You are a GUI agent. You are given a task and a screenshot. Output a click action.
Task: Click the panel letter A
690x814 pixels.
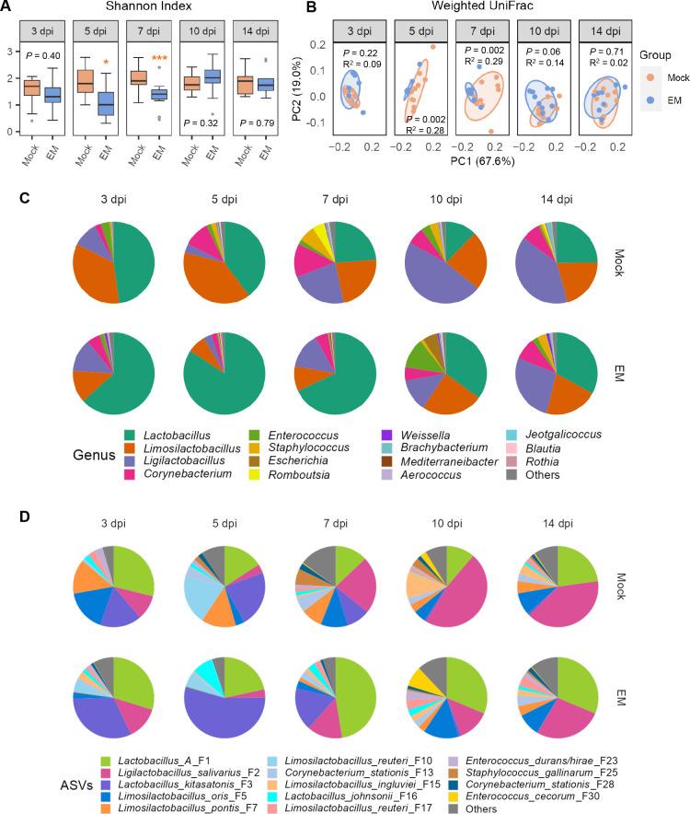click(x=6, y=7)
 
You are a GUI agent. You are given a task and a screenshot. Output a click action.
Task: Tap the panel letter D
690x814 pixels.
click(x=7, y=517)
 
